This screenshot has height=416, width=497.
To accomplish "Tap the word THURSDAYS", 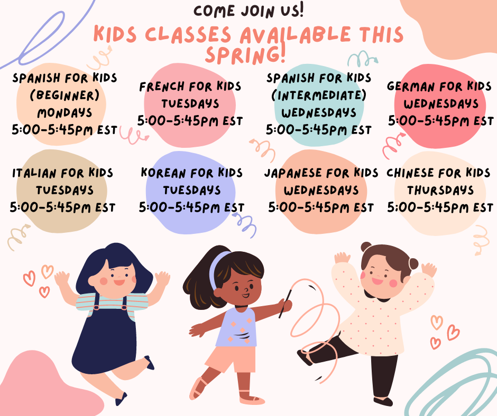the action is (440, 190).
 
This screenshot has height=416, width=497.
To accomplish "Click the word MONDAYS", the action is (65, 113).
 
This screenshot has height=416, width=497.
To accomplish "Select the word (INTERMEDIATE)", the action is (318, 96).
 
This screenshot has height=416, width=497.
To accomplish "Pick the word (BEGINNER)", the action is (65, 96).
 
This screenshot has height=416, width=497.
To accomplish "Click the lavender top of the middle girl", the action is (237, 328).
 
